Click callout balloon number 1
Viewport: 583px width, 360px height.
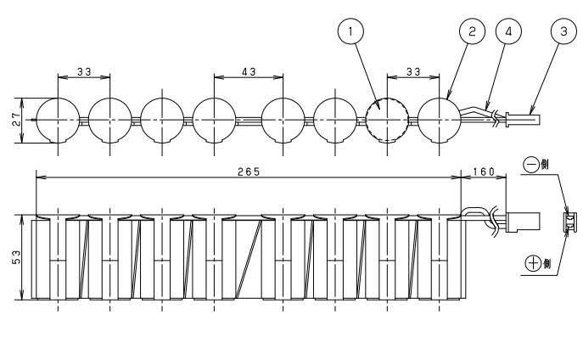pyautogui.click(x=350, y=31)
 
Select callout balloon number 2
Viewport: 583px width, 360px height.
pyautogui.click(x=472, y=31)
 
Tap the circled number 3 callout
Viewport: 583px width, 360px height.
pyautogui.click(x=563, y=31)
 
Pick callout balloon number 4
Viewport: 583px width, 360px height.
pyautogui.click(x=508, y=31)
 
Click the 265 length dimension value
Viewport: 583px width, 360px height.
pyautogui.click(x=249, y=172)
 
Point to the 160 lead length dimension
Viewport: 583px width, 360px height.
pyautogui.click(x=484, y=172)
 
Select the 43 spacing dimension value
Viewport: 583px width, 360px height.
pyautogui.click(x=249, y=71)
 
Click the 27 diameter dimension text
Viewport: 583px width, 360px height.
pyautogui.click(x=17, y=120)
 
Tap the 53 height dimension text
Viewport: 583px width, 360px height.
pyautogui.click(x=17, y=257)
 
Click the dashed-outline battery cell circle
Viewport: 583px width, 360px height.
pyautogui.click(x=387, y=120)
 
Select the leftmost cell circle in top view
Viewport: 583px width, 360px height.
pyautogui.click(x=58, y=120)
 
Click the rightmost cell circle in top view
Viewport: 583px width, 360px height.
pyautogui.click(x=439, y=120)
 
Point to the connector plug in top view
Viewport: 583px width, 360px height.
pyautogui.click(x=523, y=120)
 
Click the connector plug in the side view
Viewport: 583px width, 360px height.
pyautogui.click(x=523, y=222)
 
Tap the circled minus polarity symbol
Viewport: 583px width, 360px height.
pyautogui.click(x=531, y=165)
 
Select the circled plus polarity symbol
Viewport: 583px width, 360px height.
pyautogui.click(x=533, y=263)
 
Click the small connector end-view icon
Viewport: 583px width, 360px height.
pyautogui.click(x=570, y=222)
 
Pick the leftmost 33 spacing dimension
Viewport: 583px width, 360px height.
pyautogui.click(x=84, y=71)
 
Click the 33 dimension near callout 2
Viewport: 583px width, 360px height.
pyautogui.click(x=413, y=71)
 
